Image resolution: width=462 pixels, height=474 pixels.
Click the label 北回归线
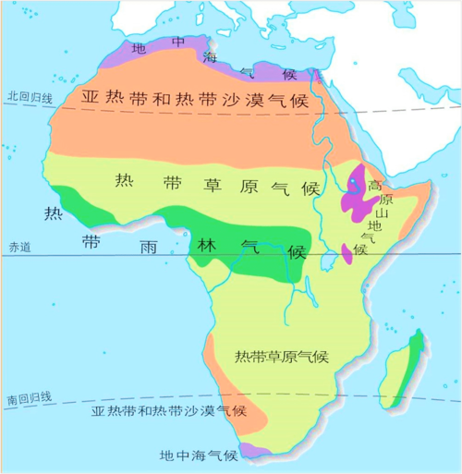[x=29, y=95]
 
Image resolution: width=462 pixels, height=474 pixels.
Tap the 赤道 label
[x=19, y=247]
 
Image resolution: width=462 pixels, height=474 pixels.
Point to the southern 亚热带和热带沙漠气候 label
[x=168, y=410]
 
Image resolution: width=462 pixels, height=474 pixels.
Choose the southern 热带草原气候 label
[x=282, y=356]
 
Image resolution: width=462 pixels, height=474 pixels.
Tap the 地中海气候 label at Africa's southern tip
[x=199, y=454]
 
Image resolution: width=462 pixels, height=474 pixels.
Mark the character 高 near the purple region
[x=374, y=186]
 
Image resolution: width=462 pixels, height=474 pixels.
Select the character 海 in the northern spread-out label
[x=208, y=59]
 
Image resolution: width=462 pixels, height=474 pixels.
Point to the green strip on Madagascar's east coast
[x=417, y=356]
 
